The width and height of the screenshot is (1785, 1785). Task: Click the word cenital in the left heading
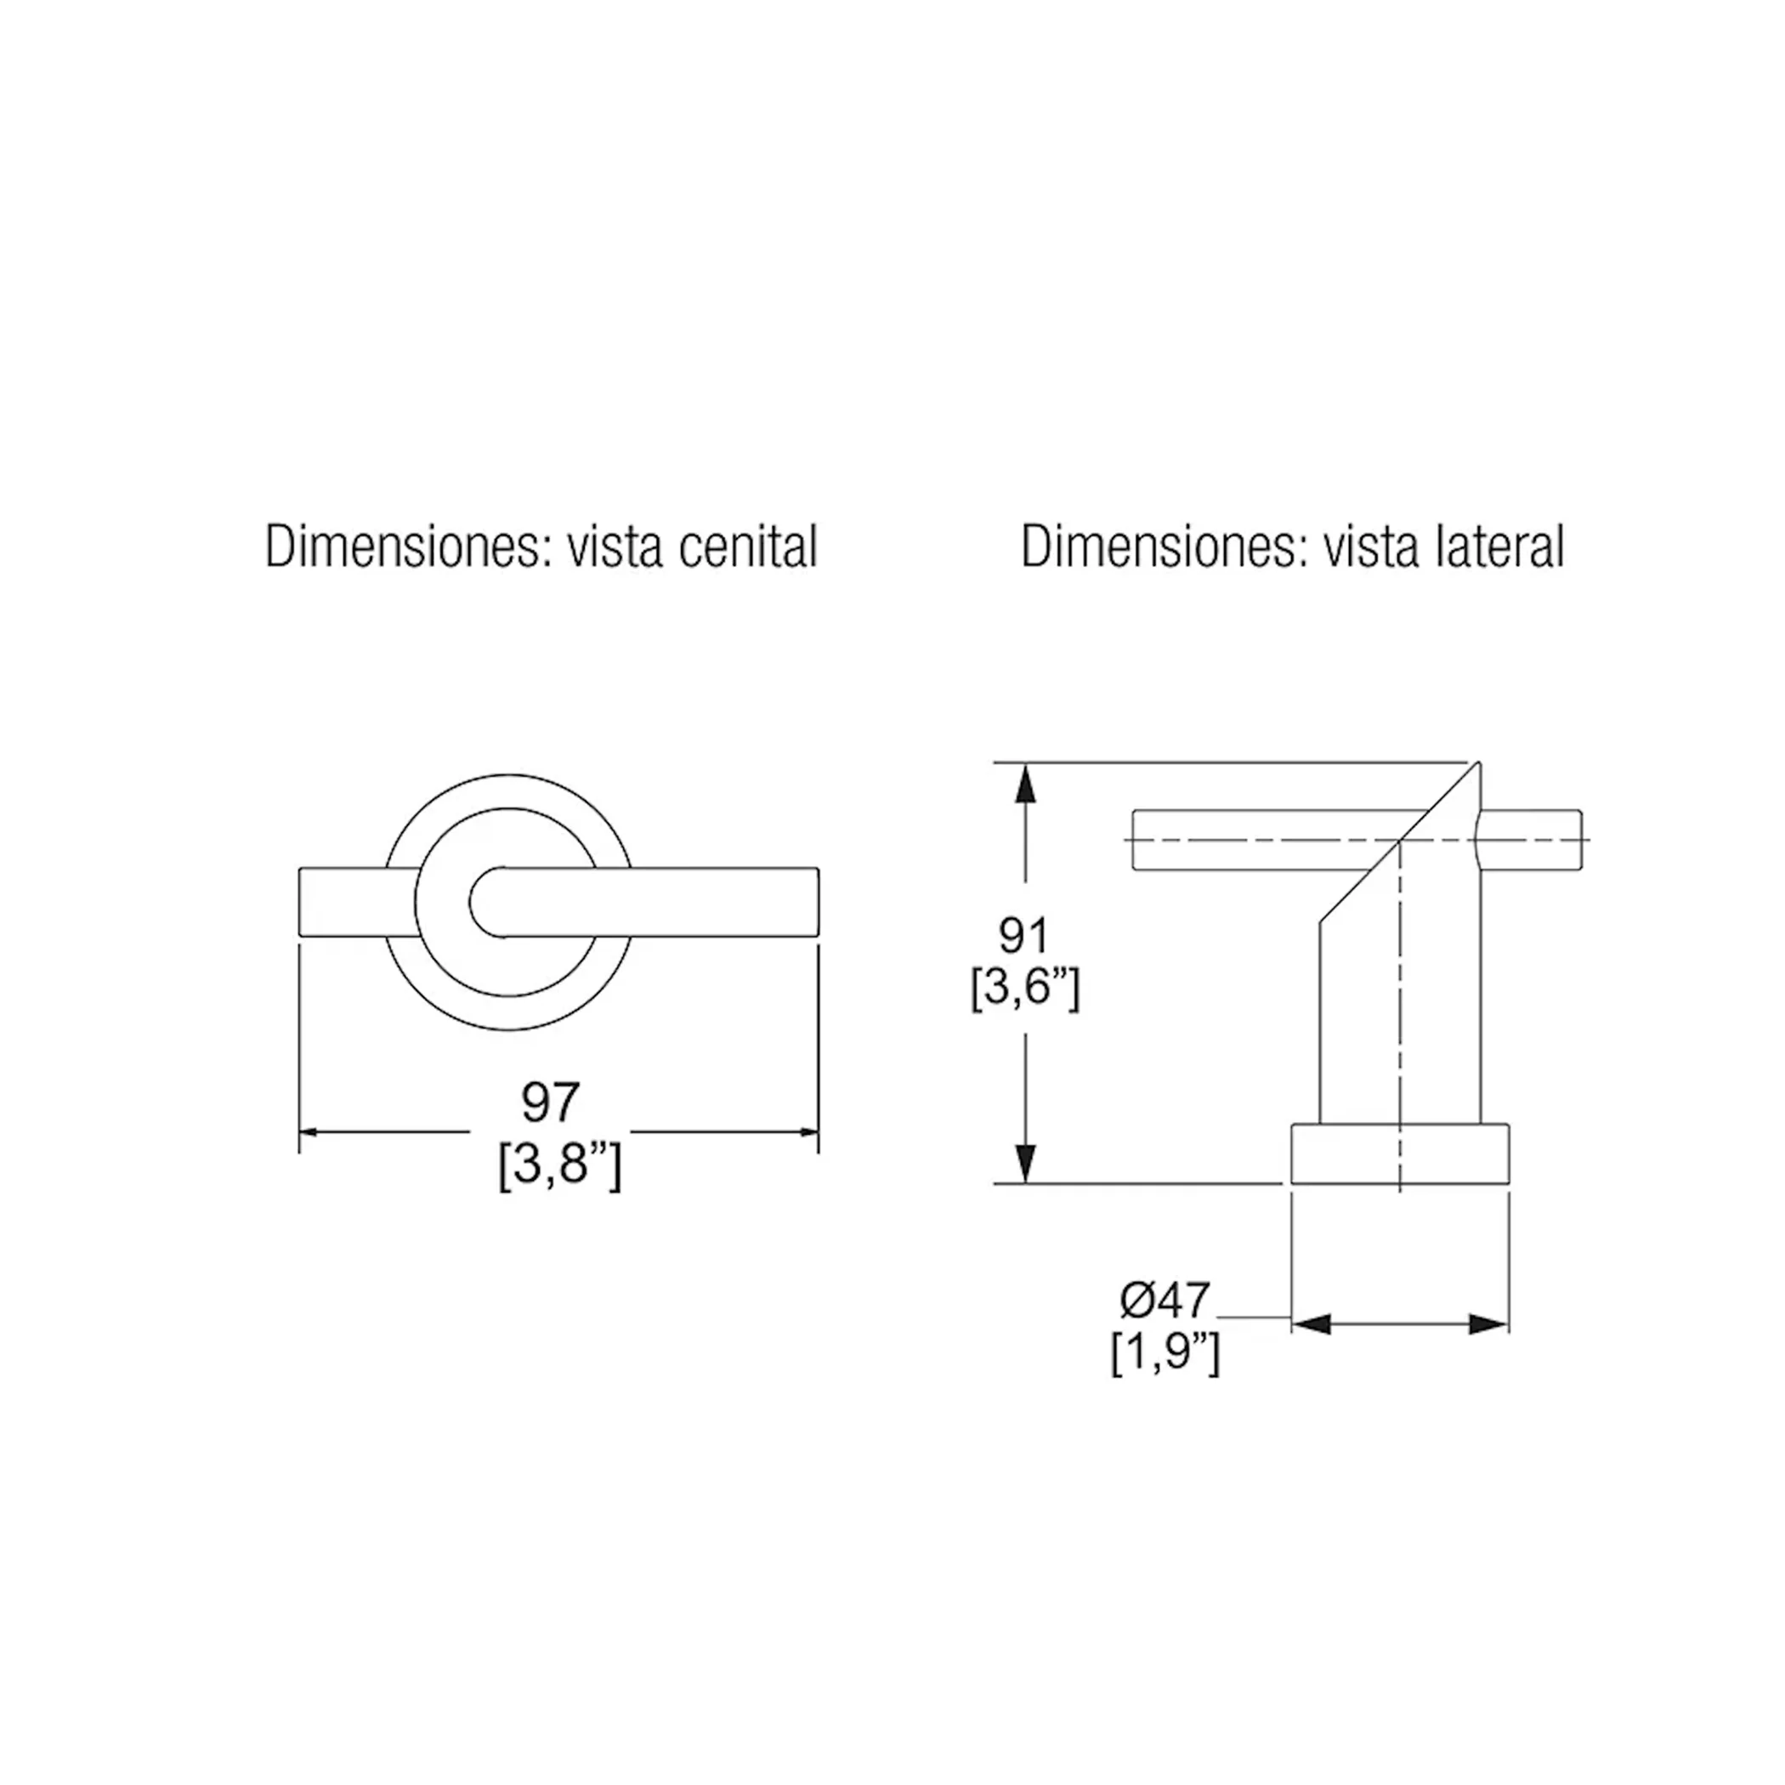pos(748,546)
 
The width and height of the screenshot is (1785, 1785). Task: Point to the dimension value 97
pos(551,1102)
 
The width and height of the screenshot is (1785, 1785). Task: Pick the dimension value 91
pos(1023,936)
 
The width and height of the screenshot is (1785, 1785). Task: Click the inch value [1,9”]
pos(1165,1353)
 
